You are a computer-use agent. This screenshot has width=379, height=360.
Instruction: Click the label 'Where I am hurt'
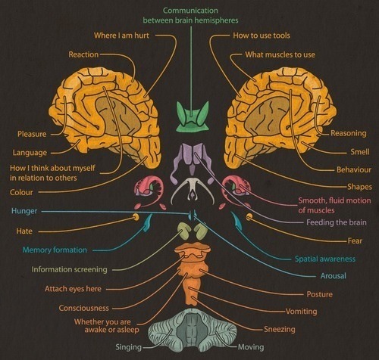121,36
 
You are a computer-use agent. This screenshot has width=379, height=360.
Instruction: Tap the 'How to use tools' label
262,36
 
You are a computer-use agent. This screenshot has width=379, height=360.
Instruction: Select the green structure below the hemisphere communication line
193,116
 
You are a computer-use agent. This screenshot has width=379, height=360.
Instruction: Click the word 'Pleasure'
32,134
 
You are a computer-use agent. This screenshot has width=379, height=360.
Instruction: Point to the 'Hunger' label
24,211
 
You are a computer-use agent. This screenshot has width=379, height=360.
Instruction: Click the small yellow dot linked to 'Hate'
136,217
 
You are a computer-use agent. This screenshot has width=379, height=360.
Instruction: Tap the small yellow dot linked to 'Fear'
249,216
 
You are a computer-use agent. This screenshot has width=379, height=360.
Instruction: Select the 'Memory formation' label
55,250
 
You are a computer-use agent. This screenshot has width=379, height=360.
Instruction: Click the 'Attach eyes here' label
73,289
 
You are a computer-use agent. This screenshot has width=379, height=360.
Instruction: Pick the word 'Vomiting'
302,312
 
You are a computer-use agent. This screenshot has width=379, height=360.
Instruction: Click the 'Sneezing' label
280,329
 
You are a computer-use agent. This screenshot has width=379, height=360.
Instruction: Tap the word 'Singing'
128,347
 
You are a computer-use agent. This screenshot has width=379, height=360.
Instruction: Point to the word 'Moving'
251,347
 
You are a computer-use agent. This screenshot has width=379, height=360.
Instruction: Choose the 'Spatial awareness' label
325,259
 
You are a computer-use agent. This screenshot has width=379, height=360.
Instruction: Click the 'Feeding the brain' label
337,222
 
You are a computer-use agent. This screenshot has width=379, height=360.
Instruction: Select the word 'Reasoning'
349,133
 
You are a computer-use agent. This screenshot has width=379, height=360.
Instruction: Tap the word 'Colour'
21,192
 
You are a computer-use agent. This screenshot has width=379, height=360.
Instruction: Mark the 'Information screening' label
69,269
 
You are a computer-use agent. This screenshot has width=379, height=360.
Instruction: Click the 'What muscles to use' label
280,54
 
